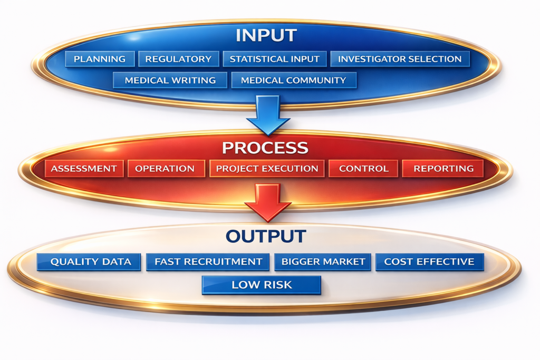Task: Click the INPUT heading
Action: [x=266, y=35]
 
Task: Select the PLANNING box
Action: [x=100, y=59]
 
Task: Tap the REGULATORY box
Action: [x=178, y=59]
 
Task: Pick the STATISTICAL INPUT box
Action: [x=274, y=59]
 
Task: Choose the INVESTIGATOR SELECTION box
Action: [x=400, y=59]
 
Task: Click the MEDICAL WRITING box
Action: [x=170, y=80]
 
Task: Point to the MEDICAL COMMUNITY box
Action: [x=293, y=80]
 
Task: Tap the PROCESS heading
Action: [x=265, y=148]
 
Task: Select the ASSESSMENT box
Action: [x=84, y=169]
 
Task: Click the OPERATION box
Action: [x=165, y=169]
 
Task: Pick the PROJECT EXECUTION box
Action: [x=267, y=169]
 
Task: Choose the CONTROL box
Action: [x=363, y=169]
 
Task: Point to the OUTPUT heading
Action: [x=266, y=236]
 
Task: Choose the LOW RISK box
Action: [x=262, y=285]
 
